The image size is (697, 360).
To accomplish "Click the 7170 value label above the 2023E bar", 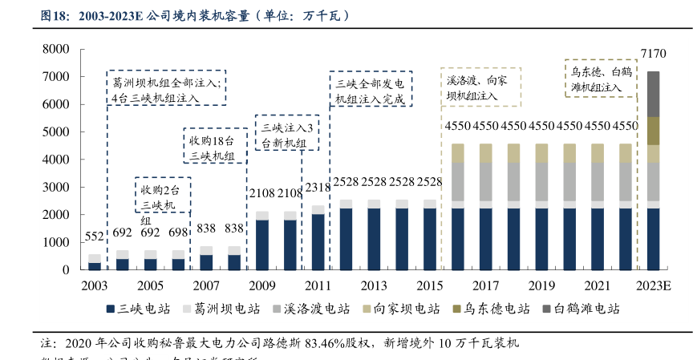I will point(654,54).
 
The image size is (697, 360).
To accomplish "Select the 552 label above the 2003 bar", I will point(95,237).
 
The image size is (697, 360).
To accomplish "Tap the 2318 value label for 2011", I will point(318,188).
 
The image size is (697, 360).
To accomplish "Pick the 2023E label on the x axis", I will point(654,286).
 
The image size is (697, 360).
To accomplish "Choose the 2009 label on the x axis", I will point(262,286).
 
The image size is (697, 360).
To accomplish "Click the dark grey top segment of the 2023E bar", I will point(654,94).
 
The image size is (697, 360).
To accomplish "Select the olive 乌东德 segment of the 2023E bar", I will point(654,131).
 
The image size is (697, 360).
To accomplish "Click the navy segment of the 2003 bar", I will point(95,266).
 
